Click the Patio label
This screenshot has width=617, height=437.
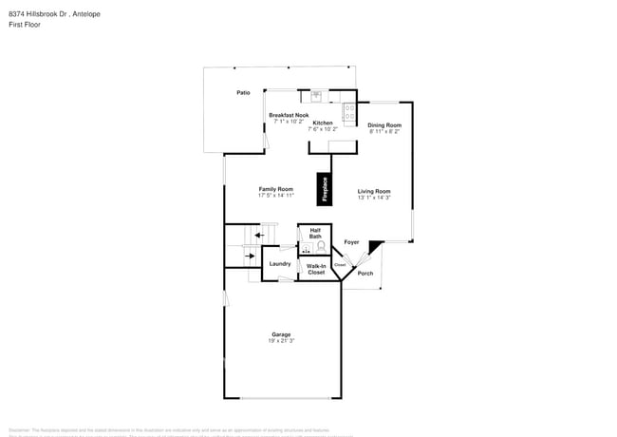243,93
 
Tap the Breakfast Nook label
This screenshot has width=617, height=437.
289,115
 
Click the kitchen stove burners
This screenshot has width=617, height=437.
349,114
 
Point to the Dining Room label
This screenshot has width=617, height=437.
384,125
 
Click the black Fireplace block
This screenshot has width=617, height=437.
325,186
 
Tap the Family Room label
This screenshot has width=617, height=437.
276,189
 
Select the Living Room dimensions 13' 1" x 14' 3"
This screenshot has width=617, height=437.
374,198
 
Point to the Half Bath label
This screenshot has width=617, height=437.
315,233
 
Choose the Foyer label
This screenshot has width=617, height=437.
351,242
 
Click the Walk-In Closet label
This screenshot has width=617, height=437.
316,269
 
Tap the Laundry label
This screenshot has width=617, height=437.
279,263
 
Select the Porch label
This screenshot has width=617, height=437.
365,274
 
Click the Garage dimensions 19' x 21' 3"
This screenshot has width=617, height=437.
281,340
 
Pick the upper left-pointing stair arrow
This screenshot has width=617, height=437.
248,235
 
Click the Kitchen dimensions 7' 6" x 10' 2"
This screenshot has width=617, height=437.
324,129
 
